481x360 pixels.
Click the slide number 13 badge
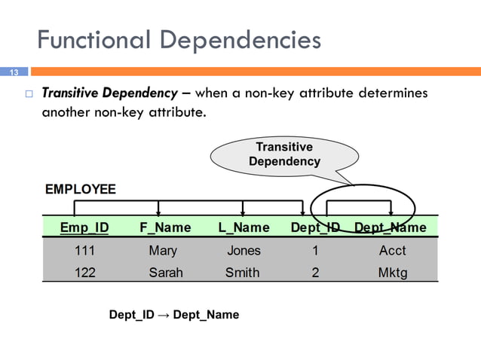(13, 72)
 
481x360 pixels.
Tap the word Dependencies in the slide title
(243, 39)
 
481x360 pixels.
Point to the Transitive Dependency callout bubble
(284, 154)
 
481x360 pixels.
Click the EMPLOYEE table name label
(81, 189)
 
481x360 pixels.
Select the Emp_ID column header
(84, 227)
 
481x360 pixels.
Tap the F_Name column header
(165, 227)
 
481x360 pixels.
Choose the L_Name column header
(244, 227)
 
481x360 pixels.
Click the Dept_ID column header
(315, 227)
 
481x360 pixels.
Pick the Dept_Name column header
(391, 227)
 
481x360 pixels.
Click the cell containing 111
(84, 251)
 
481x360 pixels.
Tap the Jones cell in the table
(244, 251)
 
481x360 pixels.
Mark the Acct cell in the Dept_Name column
(392, 251)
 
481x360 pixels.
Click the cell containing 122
(84, 273)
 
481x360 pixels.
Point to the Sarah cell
(165, 273)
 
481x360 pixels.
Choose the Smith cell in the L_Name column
(243, 273)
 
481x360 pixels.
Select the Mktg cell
(392, 273)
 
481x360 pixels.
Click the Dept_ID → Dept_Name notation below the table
(174, 315)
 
